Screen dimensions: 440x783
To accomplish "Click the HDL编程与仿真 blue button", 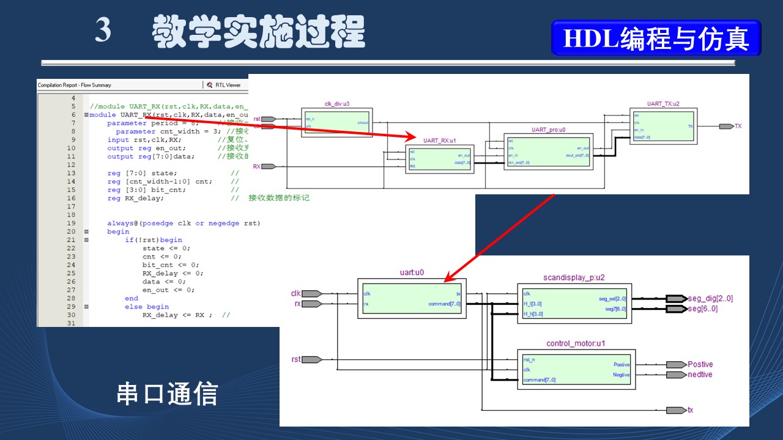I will (x=656, y=38).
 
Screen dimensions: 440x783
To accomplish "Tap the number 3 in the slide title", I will (x=103, y=30).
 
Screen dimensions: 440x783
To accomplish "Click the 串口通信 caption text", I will (x=167, y=394).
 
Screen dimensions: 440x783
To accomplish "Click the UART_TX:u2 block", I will (x=663, y=125).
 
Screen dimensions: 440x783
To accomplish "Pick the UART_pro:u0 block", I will (x=548, y=152).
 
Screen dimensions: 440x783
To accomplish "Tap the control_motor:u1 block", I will (x=576, y=369).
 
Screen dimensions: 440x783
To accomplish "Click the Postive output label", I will (x=700, y=364).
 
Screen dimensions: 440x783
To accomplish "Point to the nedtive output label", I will (x=700, y=375).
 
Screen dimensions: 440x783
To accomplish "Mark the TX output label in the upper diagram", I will (x=738, y=126).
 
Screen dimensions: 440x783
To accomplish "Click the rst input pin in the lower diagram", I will (x=296, y=359).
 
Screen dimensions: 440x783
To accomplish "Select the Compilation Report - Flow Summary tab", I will (x=75, y=85).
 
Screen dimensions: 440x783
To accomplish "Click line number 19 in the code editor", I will (x=71, y=223).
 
